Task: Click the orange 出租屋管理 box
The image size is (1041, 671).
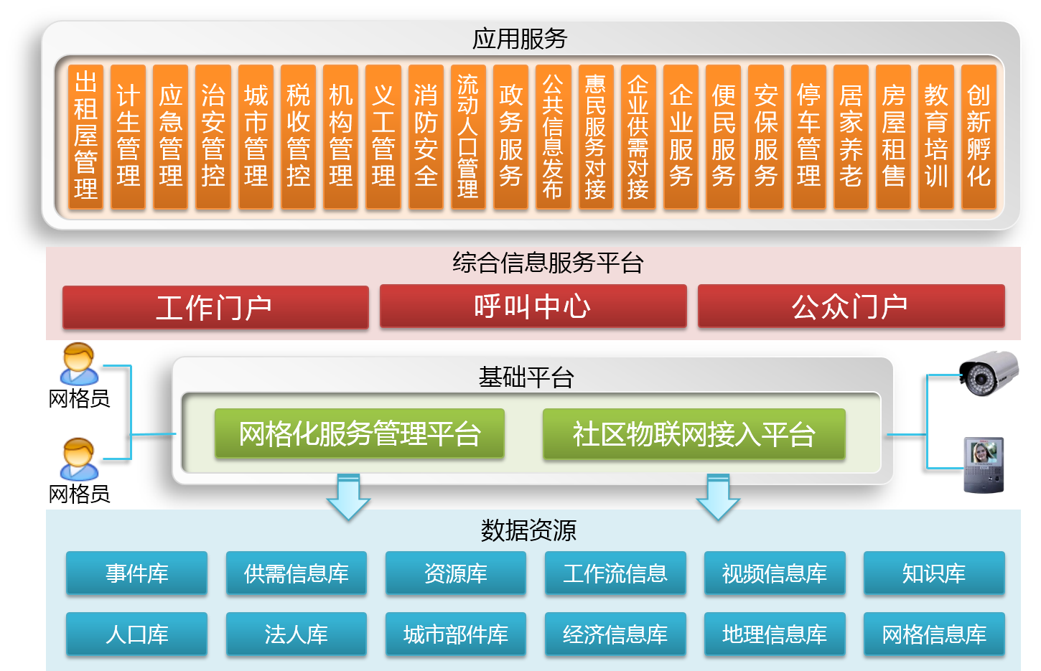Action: pyautogui.click(x=85, y=136)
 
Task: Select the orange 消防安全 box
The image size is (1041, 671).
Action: pyautogui.click(x=426, y=136)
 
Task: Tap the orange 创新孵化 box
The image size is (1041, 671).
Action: pyautogui.click(x=979, y=136)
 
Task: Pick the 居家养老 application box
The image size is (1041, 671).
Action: pyautogui.click(x=851, y=136)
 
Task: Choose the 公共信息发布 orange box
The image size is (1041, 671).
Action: pyautogui.click(x=553, y=136)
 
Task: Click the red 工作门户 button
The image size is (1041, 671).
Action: pyautogui.click(x=215, y=307)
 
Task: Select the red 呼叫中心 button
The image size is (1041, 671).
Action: pyautogui.click(x=533, y=306)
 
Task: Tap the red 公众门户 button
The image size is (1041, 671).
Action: pyautogui.click(x=851, y=306)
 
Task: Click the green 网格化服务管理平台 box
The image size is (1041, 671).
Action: pyautogui.click(x=359, y=433)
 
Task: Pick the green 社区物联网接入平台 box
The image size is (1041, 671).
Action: pyautogui.click(x=694, y=433)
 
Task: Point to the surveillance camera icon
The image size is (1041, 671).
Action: pyautogui.click(x=989, y=372)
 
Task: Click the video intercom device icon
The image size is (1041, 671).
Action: pyautogui.click(x=983, y=465)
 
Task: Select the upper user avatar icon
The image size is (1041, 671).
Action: pyautogui.click(x=79, y=364)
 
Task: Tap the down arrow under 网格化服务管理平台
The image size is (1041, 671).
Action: pyautogui.click(x=348, y=496)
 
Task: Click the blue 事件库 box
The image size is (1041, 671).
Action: pyautogui.click(x=136, y=573)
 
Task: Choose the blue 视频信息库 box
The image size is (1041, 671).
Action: pyautogui.click(x=775, y=573)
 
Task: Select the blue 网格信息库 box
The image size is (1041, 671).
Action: pyautogui.click(x=933, y=634)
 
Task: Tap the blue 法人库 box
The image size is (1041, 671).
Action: pyautogui.click(x=296, y=634)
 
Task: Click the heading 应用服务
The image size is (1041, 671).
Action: pyautogui.click(x=520, y=39)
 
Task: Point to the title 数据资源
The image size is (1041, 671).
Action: pyautogui.click(x=528, y=530)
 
